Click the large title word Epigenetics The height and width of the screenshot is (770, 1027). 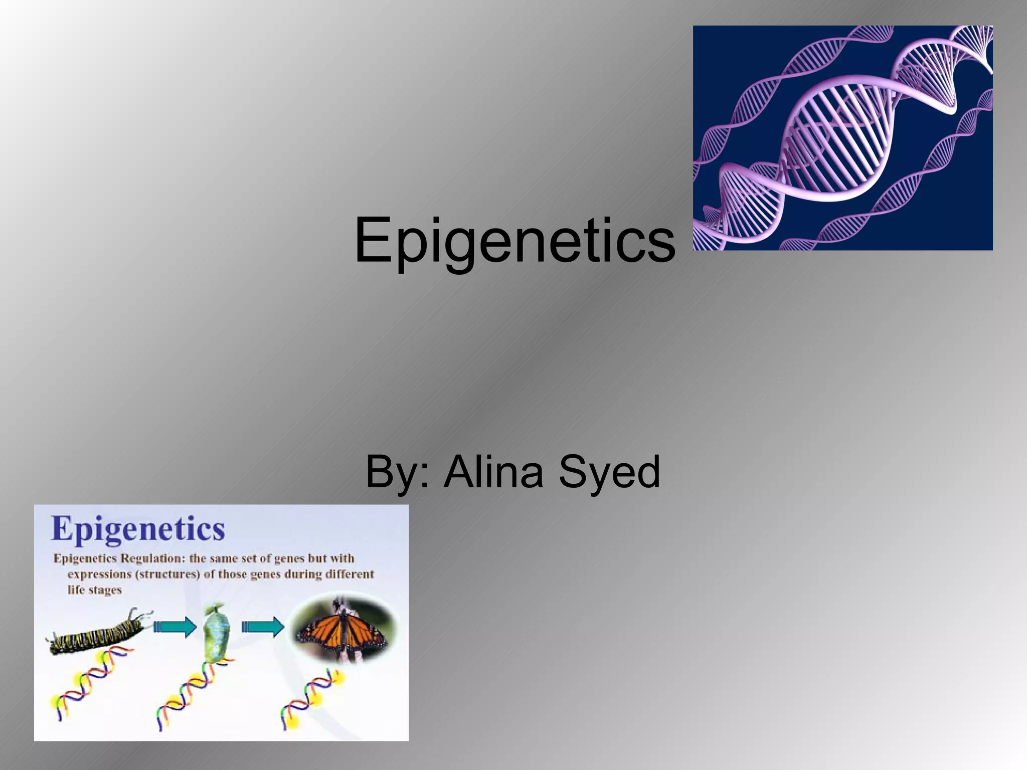tap(515, 241)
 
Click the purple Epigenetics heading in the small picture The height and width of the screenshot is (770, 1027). tap(138, 529)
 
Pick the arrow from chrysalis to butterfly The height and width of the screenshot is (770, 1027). tap(263, 627)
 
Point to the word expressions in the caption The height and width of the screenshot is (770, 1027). tap(99, 574)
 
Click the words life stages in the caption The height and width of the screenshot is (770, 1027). tap(95, 590)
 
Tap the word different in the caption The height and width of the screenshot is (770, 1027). tap(350, 574)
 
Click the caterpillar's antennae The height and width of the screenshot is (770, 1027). tap(138, 615)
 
